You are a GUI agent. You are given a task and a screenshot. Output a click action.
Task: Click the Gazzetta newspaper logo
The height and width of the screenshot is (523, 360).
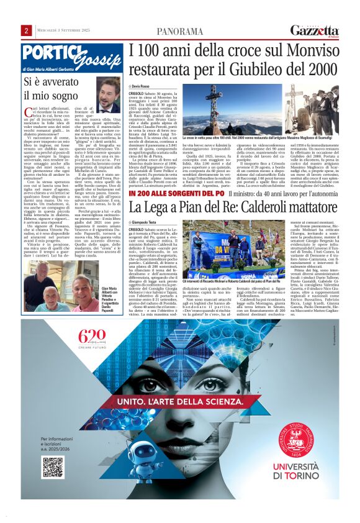point(315,30)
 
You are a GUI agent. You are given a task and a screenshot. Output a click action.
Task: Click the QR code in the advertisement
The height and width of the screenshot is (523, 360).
point(53,466)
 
